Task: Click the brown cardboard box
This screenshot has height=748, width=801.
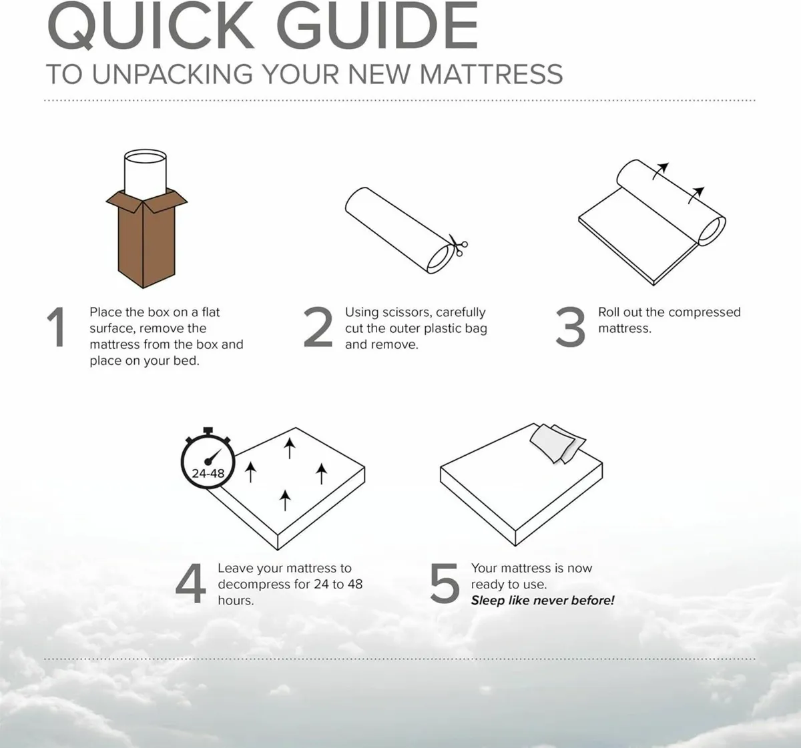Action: pos(146,240)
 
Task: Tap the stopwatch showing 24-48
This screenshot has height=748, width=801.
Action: pos(208,461)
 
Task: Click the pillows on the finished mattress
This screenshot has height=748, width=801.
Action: pos(557,442)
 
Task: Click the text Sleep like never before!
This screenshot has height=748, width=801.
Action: pos(542,601)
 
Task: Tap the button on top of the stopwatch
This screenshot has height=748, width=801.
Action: pos(208,430)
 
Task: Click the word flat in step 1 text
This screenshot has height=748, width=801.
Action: pos(210,312)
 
